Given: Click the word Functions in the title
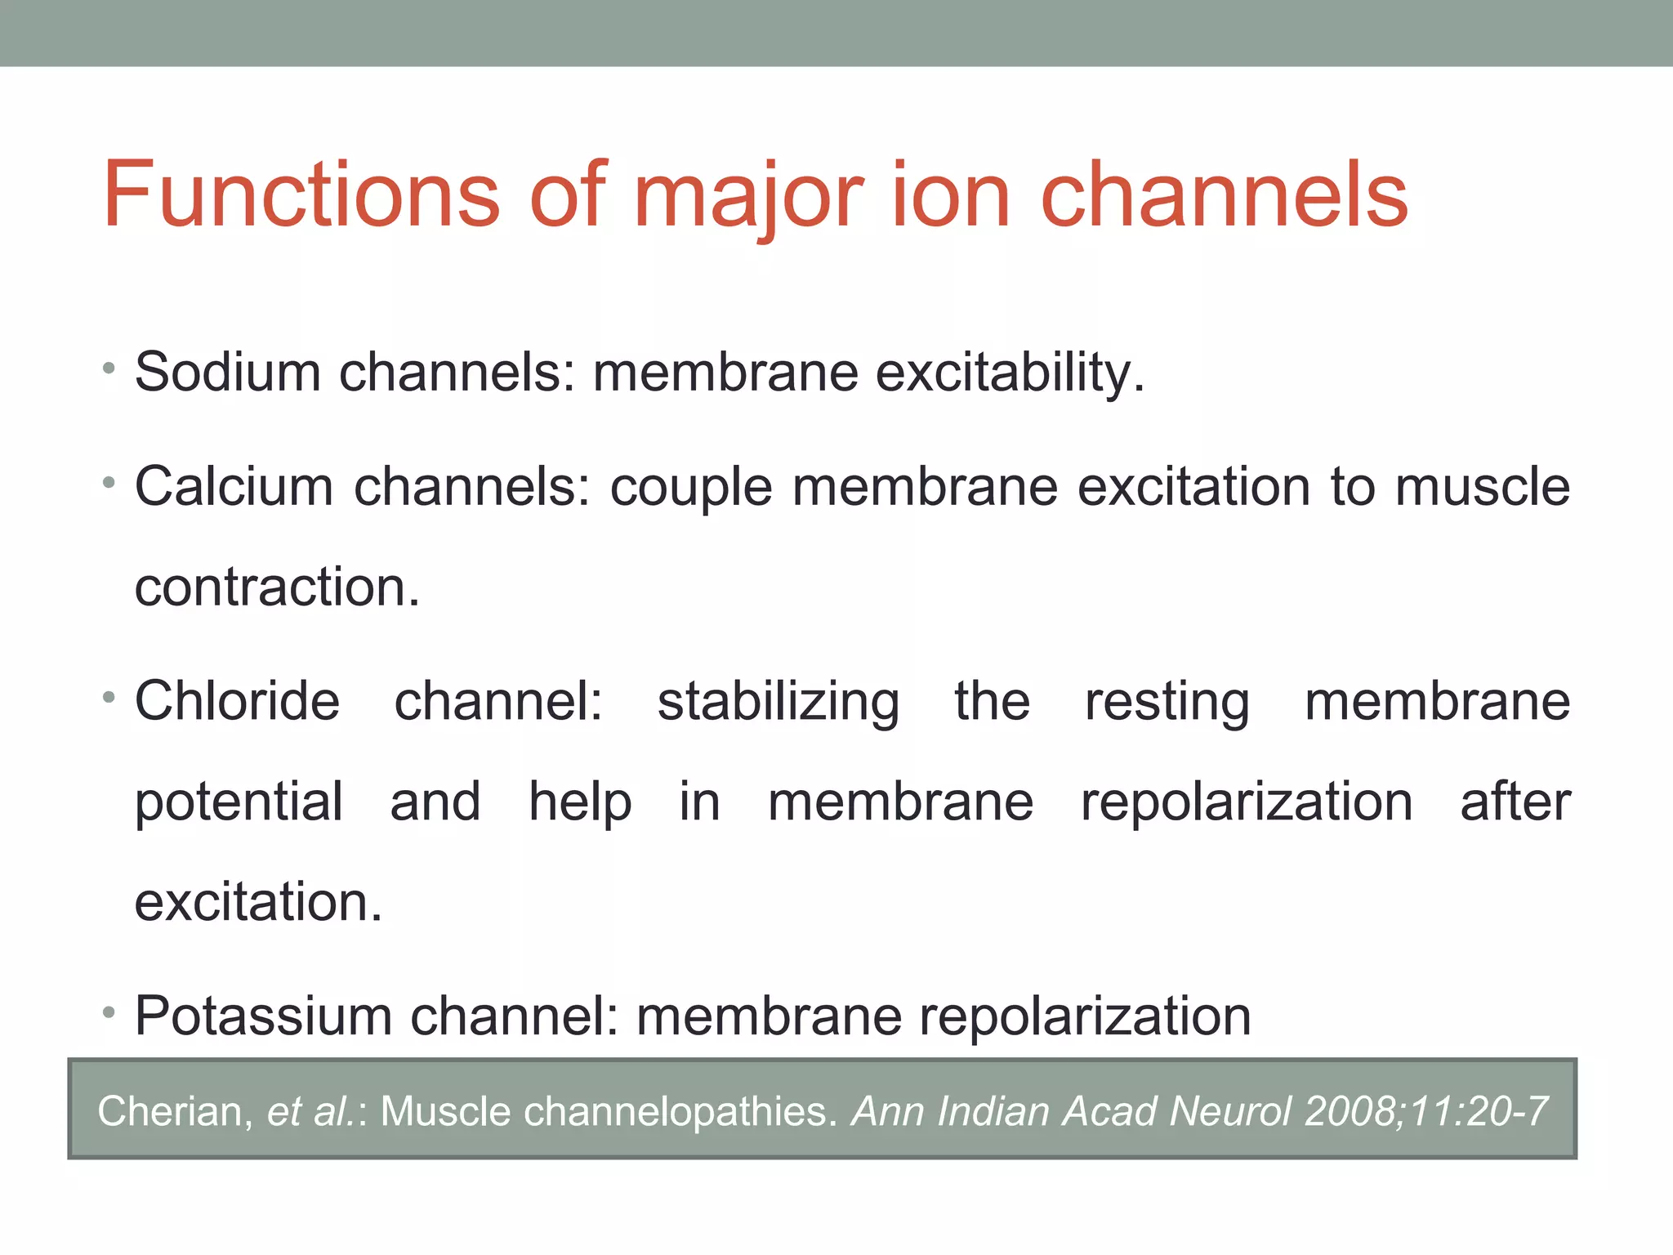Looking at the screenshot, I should click(x=301, y=196).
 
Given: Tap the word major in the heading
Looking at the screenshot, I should click(x=747, y=196).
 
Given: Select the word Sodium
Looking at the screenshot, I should click(x=227, y=373).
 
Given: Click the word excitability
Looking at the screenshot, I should click(x=1010, y=373).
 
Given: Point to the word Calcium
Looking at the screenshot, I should click(x=234, y=487).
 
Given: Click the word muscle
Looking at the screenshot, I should click(x=1482, y=487).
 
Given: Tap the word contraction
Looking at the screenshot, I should click(x=276, y=587).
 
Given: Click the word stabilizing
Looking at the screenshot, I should click(x=779, y=703).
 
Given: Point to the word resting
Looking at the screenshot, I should click(x=1167, y=703).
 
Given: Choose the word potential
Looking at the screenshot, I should click(x=239, y=803).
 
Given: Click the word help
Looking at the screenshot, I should click(x=580, y=802).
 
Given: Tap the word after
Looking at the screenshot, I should click(x=1515, y=802).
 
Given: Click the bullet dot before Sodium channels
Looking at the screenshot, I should click(x=109, y=368).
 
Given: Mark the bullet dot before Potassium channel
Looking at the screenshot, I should click(x=109, y=1013).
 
